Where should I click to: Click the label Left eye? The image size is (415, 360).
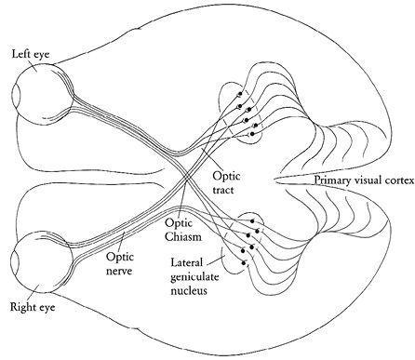pos(31,55)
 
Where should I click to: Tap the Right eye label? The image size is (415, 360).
pos(33,307)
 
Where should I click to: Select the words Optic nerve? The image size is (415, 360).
pos(120,263)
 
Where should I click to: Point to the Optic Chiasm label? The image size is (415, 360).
pos(183,230)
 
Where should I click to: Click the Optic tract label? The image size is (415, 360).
pos(226,182)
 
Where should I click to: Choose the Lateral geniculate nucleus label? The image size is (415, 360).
pos(194,277)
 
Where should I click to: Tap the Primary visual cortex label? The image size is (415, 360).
pos(365,180)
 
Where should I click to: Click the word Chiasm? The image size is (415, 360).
pos(183,237)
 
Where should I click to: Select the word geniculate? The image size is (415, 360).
pos(194,277)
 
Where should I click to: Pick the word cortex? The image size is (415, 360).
pos(400,180)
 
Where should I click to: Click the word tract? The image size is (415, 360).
pos(223,190)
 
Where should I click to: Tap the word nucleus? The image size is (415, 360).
pos(189,290)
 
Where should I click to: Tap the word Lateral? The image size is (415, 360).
pos(186,262)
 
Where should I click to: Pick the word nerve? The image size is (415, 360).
pos(119,271)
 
